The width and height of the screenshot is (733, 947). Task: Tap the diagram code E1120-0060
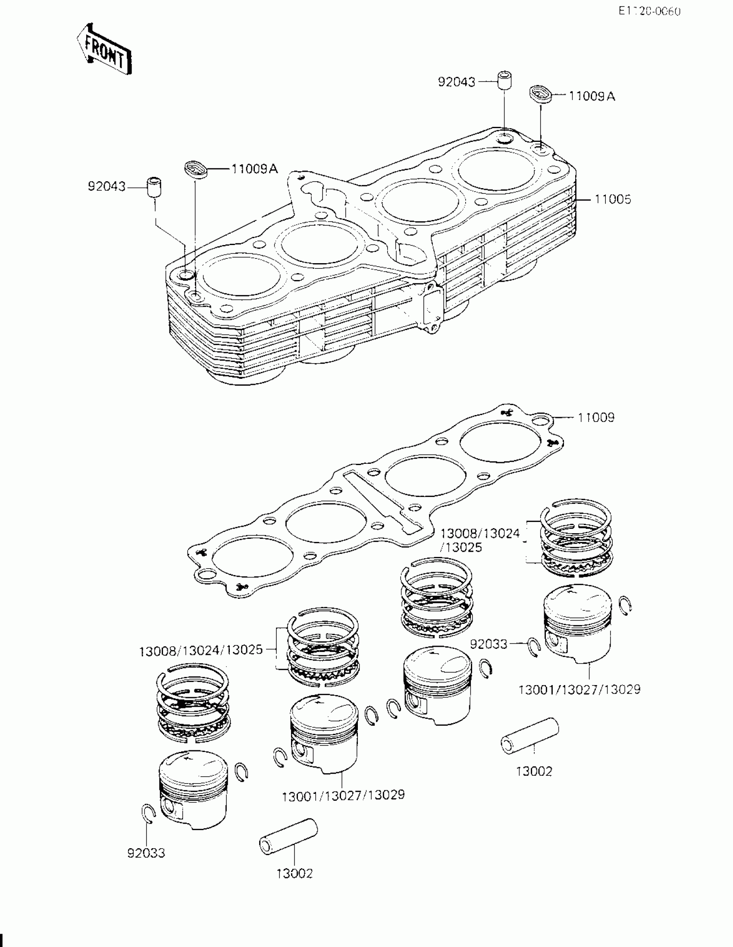coord(649,12)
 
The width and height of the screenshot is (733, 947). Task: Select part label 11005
coord(613,199)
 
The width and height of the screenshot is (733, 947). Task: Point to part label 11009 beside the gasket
coord(596,418)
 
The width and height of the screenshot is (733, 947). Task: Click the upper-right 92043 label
coord(457,82)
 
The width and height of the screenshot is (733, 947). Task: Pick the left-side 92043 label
coord(107,187)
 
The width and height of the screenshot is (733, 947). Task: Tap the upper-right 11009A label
coord(592,96)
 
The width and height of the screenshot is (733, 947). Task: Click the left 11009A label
coord(254,169)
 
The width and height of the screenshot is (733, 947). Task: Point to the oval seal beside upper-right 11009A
coord(541,94)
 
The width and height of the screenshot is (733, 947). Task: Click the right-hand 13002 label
coord(534,771)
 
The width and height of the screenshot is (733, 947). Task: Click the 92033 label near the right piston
coord(489,644)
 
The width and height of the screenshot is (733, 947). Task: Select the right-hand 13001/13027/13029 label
coord(579,689)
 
